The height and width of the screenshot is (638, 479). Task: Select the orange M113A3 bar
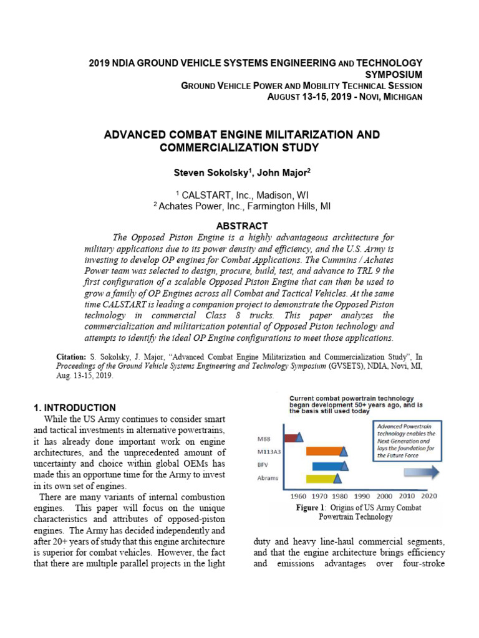(x=323, y=451)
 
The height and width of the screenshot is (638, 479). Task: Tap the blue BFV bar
(x=327, y=465)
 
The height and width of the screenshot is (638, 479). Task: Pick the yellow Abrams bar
(x=320, y=478)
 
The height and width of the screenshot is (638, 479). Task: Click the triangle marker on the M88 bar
(x=299, y=437)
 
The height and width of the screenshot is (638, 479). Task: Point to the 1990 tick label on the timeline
(x=362, y=497)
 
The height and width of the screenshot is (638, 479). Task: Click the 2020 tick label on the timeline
(x=428, y=497)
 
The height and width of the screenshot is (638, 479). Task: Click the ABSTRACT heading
(x=241, y=226)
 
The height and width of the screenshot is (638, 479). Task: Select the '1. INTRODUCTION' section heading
(x=74, y=407)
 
